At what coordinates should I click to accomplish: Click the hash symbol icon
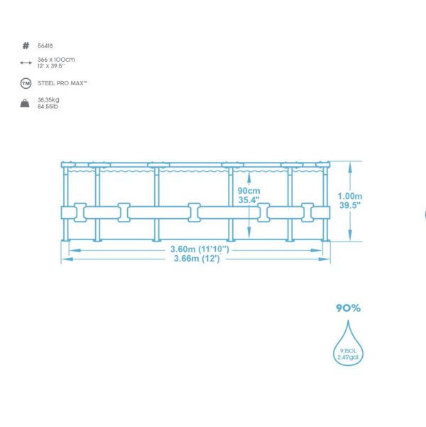[x=26, y=45]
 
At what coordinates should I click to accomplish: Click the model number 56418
[x=45, y=45]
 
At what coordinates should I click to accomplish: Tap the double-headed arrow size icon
[x=26, y=63]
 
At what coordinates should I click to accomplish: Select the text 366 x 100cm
[x=56, y=60]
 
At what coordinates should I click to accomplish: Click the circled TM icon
[x=26, y=83]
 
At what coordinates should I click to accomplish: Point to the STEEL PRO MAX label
[x=62, y=83]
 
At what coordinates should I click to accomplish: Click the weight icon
[x=25, y=103]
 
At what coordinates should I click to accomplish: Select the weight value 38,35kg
[x=48, y=99]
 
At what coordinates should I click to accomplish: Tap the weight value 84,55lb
[x=48, y=106]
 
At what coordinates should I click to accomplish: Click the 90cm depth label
[x=248, y=190]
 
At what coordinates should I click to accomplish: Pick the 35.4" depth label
[x=248, y=200]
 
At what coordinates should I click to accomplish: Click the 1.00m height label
[x=350, y=196]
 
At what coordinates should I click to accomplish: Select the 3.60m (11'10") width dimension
[x=200, y=249]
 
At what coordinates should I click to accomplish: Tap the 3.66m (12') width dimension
[x=197, y=258]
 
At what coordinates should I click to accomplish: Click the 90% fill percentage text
[x=348, y=308]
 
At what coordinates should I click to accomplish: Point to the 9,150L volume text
[x=348, y=351]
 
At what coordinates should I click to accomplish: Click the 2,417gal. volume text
[x=348, y=357]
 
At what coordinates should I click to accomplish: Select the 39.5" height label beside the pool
[x=350, y=205]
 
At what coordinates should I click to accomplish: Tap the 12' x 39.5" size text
[x=51, y=66]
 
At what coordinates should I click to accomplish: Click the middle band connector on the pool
[x=195, y=212]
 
